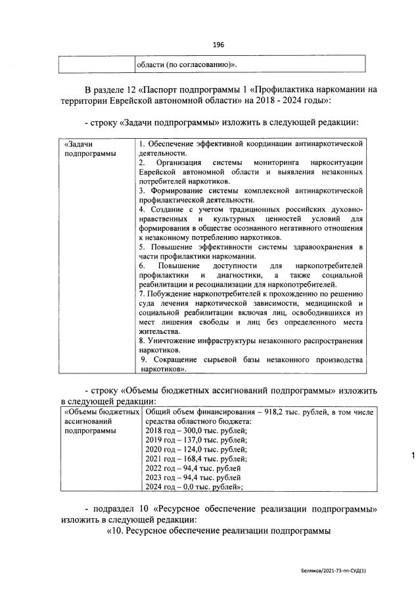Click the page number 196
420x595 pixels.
click(x=219, y=45)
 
